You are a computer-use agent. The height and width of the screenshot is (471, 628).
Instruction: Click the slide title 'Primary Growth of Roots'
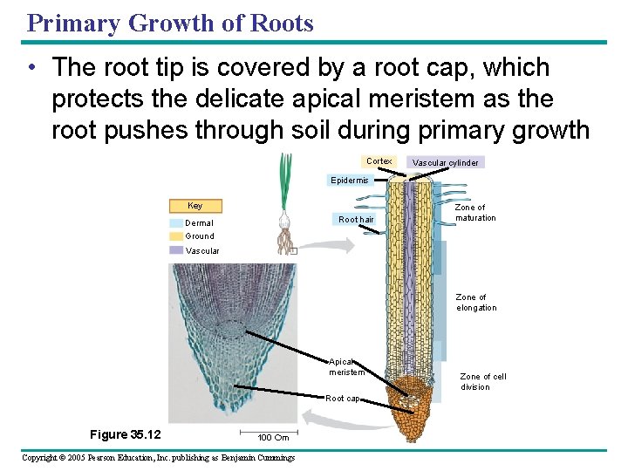point(170,23)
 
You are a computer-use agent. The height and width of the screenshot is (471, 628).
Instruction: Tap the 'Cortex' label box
point(379,161)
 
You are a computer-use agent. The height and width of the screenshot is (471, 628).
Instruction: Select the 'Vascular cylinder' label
point(445,163)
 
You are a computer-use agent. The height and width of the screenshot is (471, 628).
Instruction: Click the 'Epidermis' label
point(349,181)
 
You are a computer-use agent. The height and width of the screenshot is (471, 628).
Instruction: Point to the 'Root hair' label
point(356,219)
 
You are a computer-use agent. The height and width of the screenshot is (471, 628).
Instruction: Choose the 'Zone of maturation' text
point(475,213)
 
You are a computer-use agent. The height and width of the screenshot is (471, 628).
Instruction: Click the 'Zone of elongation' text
point(476,303)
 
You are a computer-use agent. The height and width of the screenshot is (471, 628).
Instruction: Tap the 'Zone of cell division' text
point(482,382)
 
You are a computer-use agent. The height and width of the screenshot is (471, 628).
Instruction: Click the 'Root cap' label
point(342,399)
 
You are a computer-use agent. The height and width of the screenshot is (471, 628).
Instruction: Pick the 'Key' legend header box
point(195,206)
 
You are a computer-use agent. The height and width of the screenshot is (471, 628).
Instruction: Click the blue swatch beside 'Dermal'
point(177,223)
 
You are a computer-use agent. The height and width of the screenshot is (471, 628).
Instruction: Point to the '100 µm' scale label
point(273,438)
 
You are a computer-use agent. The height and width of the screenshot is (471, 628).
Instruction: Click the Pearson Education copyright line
point(158,458)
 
